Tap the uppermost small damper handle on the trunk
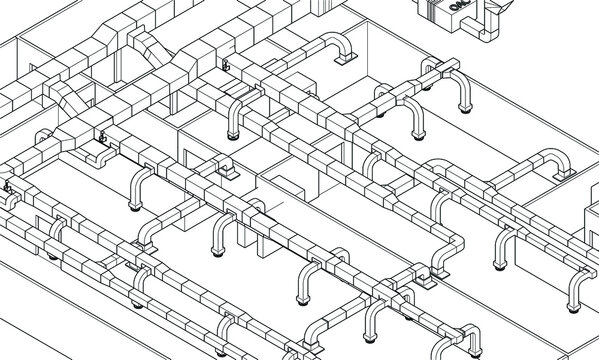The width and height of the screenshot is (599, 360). click(x=223, y=67)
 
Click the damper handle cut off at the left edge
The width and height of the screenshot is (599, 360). click(x=4, y=187)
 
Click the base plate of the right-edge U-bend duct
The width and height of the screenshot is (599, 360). click(x=574, y=300)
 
